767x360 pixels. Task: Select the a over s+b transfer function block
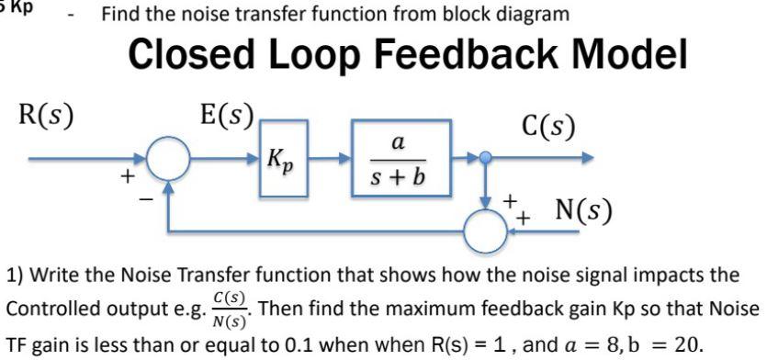pos(398,158)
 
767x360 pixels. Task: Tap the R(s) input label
pos(47,118)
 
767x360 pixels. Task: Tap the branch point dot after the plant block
pos(488,158)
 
